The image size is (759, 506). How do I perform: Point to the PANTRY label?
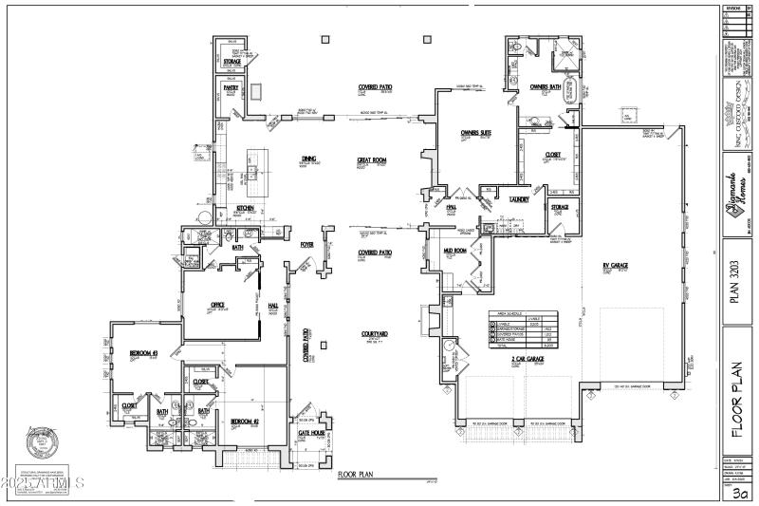click(x=231, y=86)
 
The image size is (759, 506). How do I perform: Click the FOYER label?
click(x=306, y=244)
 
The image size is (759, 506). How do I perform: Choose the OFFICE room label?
click(x=217, y=305)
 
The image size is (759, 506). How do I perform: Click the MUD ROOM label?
click(x=454, y=251)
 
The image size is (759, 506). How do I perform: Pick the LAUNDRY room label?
click(x=519, y=199)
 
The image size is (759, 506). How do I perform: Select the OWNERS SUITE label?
click(x=475, y=132)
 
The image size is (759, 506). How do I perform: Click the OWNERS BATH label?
click(x=546, y=86)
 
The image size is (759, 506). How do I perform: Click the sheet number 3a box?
click(x=738, y=493)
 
